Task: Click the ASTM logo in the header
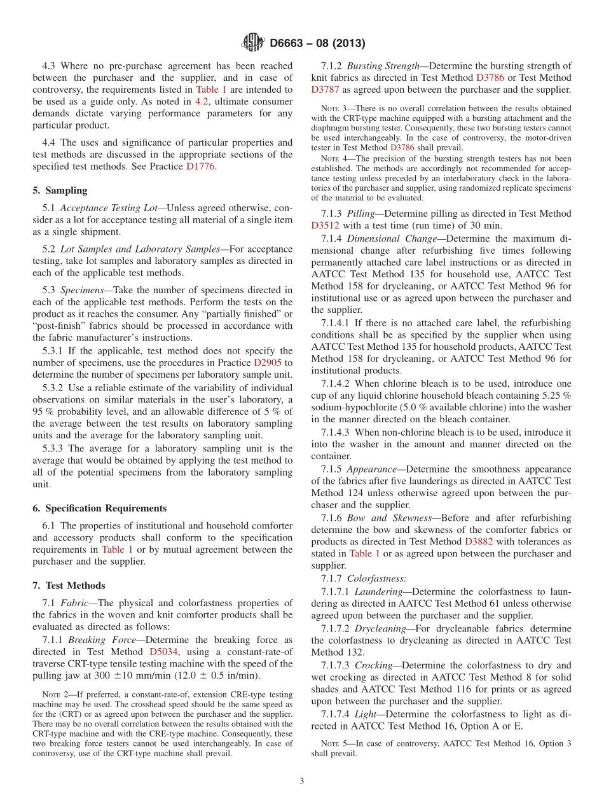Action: (x=252, y=43)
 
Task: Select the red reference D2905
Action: (x=267, y=363)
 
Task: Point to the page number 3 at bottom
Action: (x=301, y=782)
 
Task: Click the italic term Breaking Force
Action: (x=95, y=639)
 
